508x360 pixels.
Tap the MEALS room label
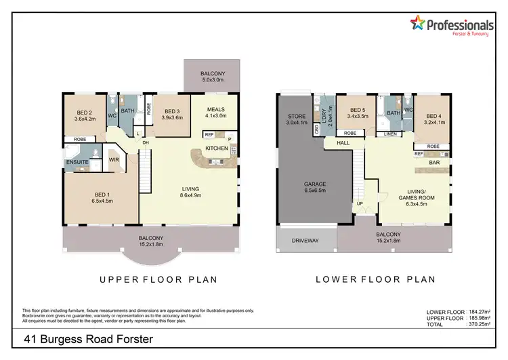tap(215, 113)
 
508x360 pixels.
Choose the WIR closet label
tap(114, 161)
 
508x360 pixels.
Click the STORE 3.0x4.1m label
tap(296, 120)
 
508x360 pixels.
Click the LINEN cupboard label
tap(390, 134)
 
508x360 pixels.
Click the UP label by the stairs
tap(360, 203)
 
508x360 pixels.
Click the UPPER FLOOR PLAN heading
tap(158, 279)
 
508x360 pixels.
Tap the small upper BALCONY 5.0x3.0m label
tap(213, 76)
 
